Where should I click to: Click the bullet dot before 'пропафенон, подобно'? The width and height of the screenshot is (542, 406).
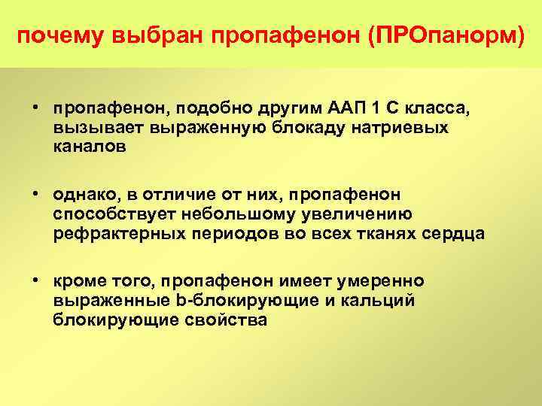(x=35, y=108)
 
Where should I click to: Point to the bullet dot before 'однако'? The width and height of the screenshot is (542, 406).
(x=35, y=194)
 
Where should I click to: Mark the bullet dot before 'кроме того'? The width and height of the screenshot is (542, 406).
(x=35, y=280)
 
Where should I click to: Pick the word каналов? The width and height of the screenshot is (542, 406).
(x=90, y=147)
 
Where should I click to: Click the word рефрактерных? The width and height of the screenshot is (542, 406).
(x=114, y=234)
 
